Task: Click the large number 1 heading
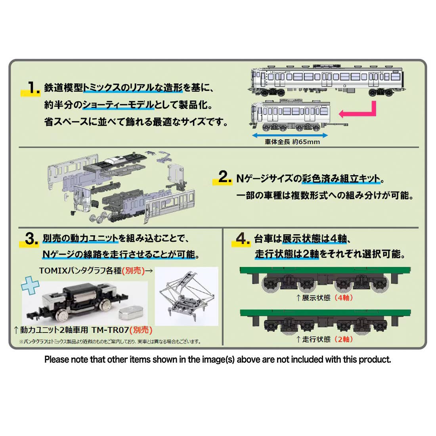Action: [x=33, y=88]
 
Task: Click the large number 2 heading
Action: [x=225, y=177]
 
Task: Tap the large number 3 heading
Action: [x=31, y=239]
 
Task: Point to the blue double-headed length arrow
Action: [x=290, y=136]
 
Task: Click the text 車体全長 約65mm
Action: [x=292, y=142]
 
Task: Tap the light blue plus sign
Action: [x=30, y=285]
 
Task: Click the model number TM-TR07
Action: [x=110, y=330]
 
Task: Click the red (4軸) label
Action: [x=344, y=298]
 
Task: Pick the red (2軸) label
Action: [x=344, y=339]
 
